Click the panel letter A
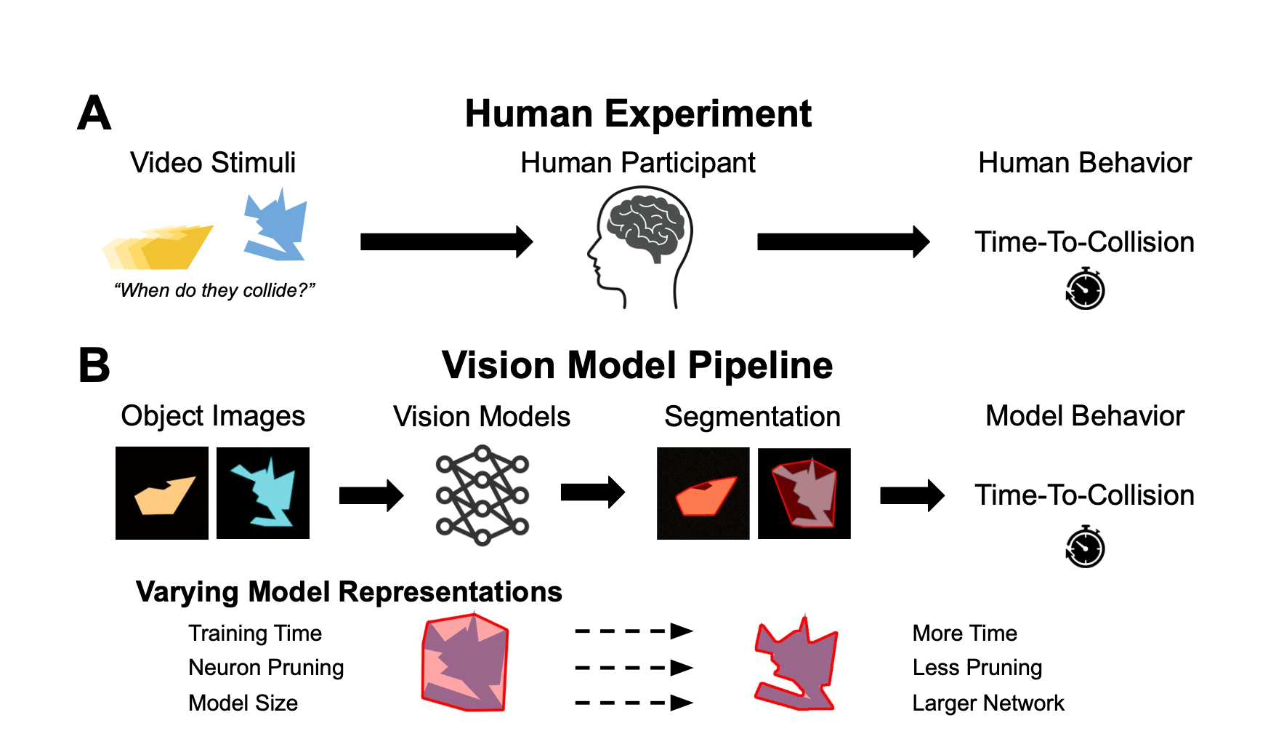[94, 114]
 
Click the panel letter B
[94, 365]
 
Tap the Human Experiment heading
[638, 114]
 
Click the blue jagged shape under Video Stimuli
[275, 225]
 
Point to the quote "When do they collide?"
[214, 290]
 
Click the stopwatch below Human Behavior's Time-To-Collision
[1085, 289]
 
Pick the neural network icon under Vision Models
[482, 495]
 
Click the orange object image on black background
[162, 493]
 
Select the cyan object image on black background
[263, 493]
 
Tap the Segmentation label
[752, 417]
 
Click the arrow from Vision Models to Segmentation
[592, 492]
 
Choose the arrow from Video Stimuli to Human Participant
[446, 241]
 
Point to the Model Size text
[243, 703]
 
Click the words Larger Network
[988, 703]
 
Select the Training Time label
[254, 633]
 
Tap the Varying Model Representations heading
[349, 592]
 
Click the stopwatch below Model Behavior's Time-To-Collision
[1085, 547]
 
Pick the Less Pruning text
[977, 667]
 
